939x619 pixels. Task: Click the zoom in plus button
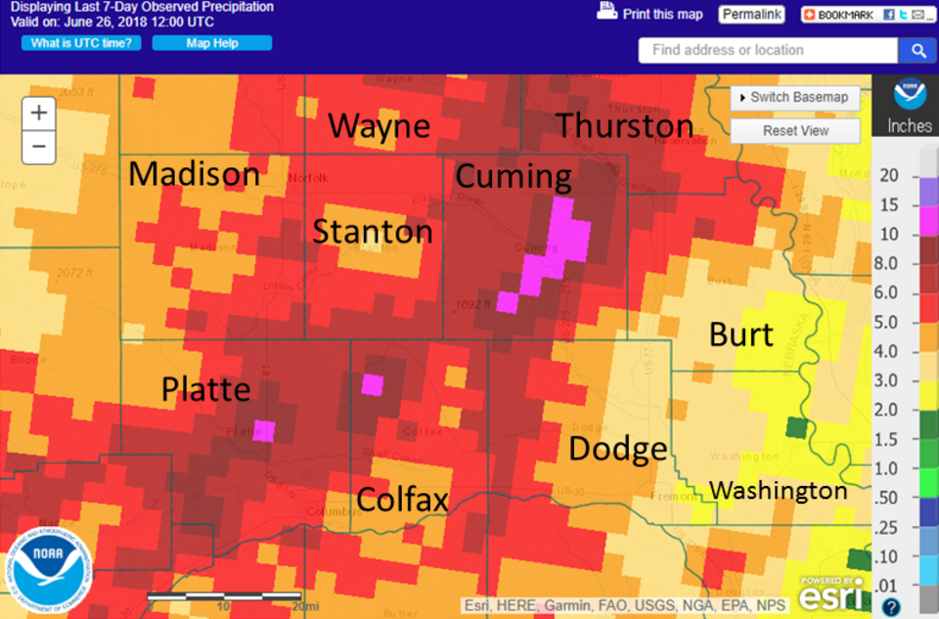[x=38, y=113]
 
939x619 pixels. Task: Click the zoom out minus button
[x=38, y=147]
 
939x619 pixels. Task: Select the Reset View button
[x=795, y=131]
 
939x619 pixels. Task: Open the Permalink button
[x=751, y=15]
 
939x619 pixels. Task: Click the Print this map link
[x=651, y=14]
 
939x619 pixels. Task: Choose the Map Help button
[x=211, y=43]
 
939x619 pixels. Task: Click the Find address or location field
[x=768, y=51]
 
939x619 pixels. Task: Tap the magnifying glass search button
[x=918, y=51]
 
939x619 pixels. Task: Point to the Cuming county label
[x=513, y=176]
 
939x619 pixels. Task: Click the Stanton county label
[x=372, y=232]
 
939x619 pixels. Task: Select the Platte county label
[x=205, y=389]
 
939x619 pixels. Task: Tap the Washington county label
[x=778, y=490]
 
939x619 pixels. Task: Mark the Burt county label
[x=741, y=334]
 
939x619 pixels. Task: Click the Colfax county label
[x=402, y=500]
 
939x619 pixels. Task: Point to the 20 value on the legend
[x=889, y=175]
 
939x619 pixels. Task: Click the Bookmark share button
[x=839, y=15]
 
